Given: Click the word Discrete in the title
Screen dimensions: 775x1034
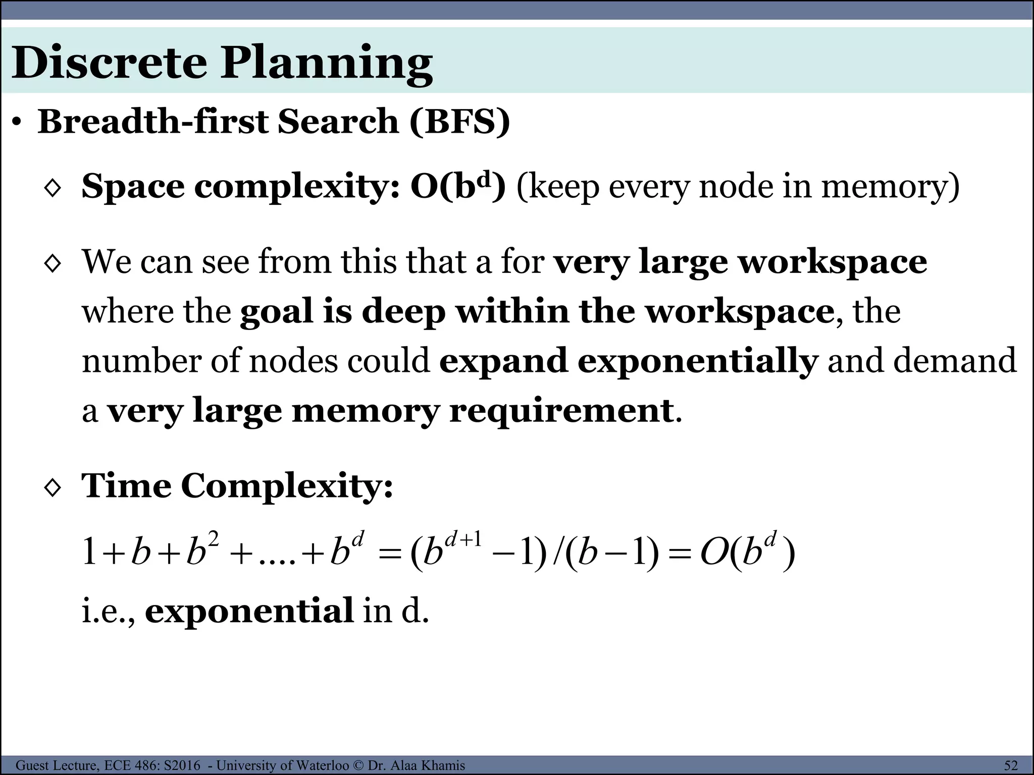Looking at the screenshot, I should point(109,63).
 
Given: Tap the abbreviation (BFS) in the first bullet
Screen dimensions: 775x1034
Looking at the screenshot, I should point(459,122).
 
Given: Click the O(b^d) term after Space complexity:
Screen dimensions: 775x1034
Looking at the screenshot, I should point(457,186).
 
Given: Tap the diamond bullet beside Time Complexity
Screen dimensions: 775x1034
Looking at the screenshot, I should point(53,488).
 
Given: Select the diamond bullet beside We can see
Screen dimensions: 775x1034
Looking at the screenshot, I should point(53,263).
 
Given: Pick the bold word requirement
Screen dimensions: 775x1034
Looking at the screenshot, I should point(561,411).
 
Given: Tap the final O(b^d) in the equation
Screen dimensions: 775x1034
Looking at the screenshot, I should point(747,552).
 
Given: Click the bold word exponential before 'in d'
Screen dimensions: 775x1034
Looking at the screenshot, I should point(249,611).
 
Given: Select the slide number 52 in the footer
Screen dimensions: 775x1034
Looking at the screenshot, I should point(1011,765).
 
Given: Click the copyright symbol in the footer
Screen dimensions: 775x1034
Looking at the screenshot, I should point(358,765).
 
